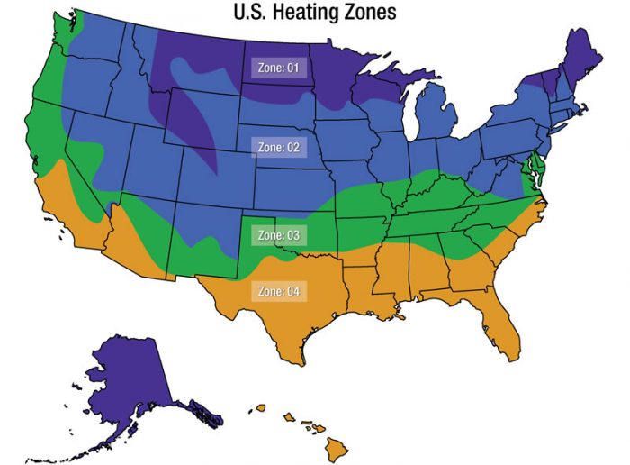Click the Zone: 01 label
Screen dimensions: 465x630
[278, 68]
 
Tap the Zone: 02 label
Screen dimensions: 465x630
[278, 146]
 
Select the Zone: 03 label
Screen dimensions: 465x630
[278, 235]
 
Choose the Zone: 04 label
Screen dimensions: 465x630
[278, 292]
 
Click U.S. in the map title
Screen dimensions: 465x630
[256, 13]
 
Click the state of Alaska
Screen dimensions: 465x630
[126, 387]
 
